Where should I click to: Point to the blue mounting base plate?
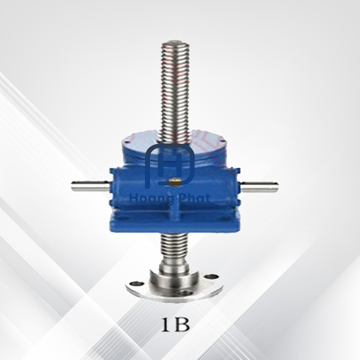point(174,223)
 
